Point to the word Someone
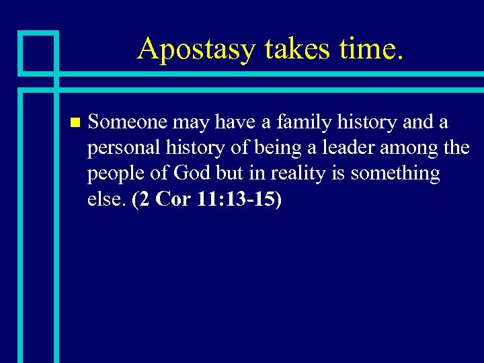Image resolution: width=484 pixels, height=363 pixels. [127, 122]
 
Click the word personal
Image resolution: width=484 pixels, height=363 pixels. [121, 148]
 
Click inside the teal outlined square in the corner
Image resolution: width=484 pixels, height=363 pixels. [38, 52]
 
